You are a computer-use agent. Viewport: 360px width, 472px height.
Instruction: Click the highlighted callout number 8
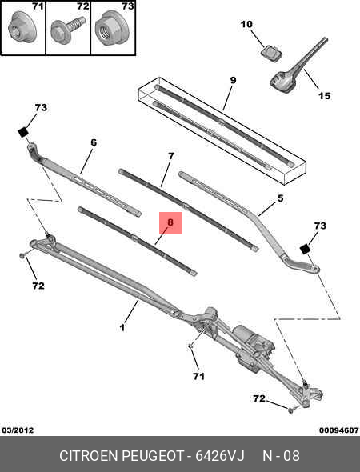(170, 223)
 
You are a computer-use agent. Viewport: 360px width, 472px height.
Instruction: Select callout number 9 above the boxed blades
(233, 81)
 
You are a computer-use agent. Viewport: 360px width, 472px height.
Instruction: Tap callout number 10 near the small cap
(246, 25)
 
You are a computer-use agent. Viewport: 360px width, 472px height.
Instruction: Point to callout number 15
(324, 96)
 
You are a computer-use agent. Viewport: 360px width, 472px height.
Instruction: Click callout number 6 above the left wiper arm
(93, 142)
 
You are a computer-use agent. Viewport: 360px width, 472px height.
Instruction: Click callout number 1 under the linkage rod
(122, 327)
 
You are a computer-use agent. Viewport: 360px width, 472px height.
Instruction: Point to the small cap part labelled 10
(270, 53)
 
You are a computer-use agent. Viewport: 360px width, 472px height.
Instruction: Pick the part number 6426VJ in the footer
(221, 456)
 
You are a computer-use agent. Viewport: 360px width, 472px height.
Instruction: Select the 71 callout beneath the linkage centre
(198, 375)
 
